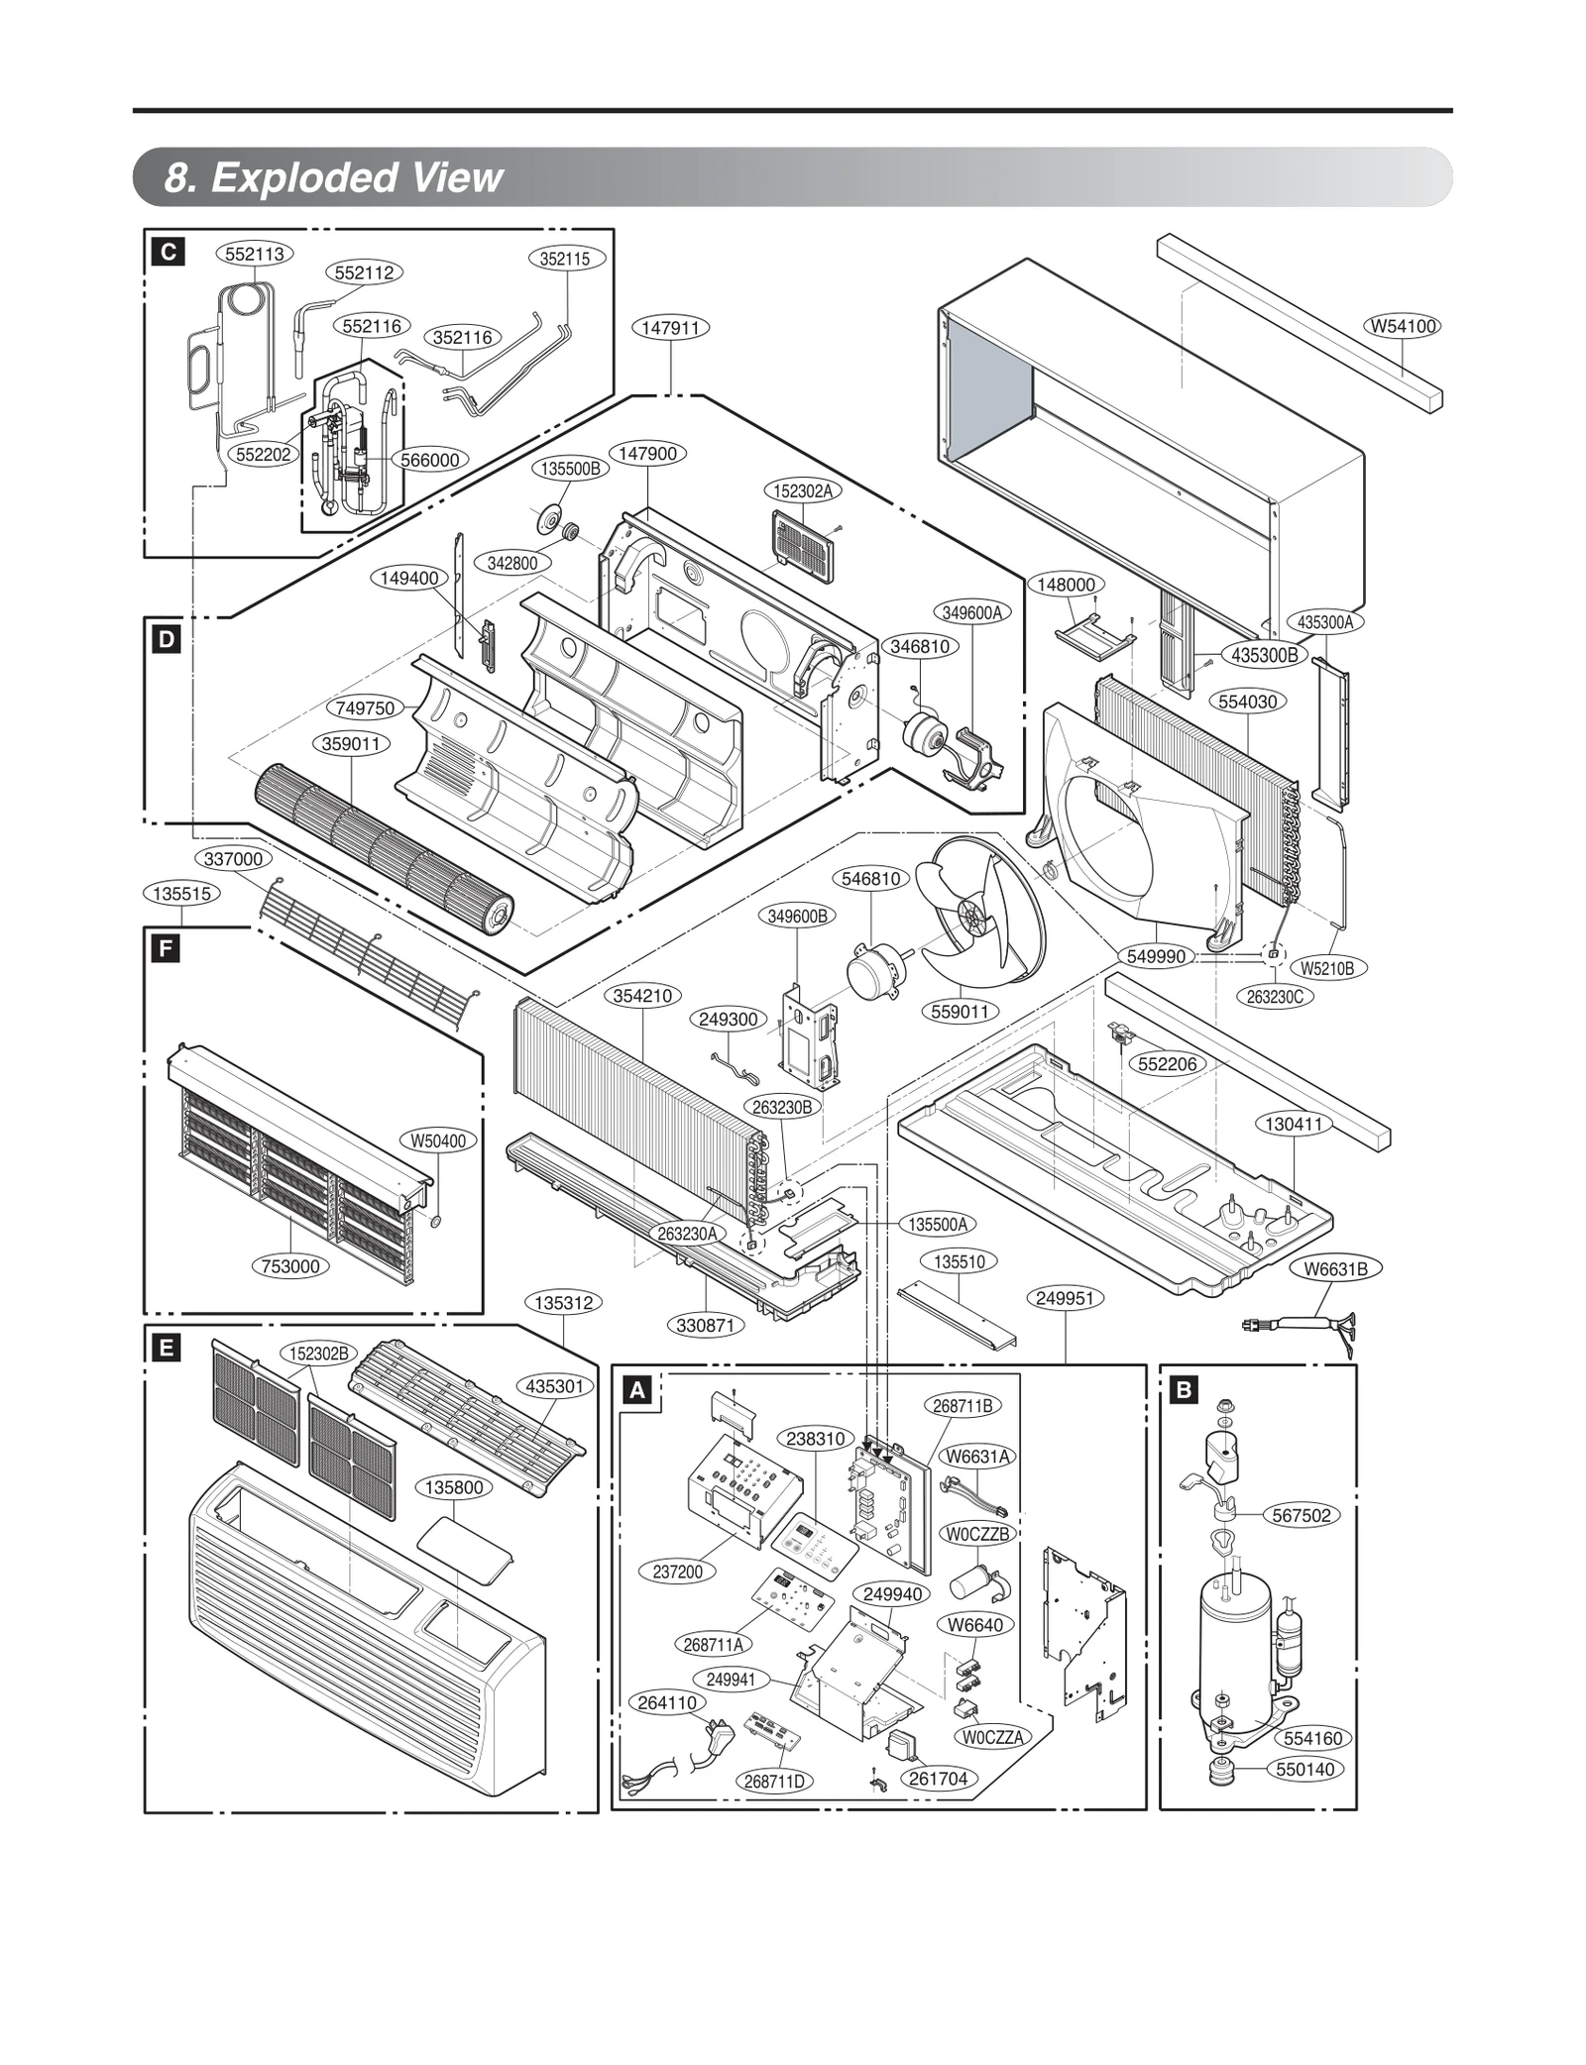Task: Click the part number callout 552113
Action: pyautogui.click(x=254, y=254)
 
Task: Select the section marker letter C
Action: pyautogui.click(x=169, y=253)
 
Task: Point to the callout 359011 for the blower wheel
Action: pyautogui.click(x=352, y=743)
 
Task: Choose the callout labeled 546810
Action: pyautogui.click(x=870, y=878)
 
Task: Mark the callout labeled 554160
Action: pyautogui.click(x=1312, y=1738)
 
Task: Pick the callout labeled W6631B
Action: pyautogui.click(x=1335, y=1268)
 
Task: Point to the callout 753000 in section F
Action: pyautogui.click(x=290, y=1265)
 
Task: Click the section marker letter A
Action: pyautogui.click(x=638, y=1390)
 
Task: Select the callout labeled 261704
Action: pyautogui.click(x=938, y=1779)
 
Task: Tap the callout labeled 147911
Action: pyautogui.click(x=671, y=327)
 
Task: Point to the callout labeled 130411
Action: pyautogui.click(x=1294, y=1124)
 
